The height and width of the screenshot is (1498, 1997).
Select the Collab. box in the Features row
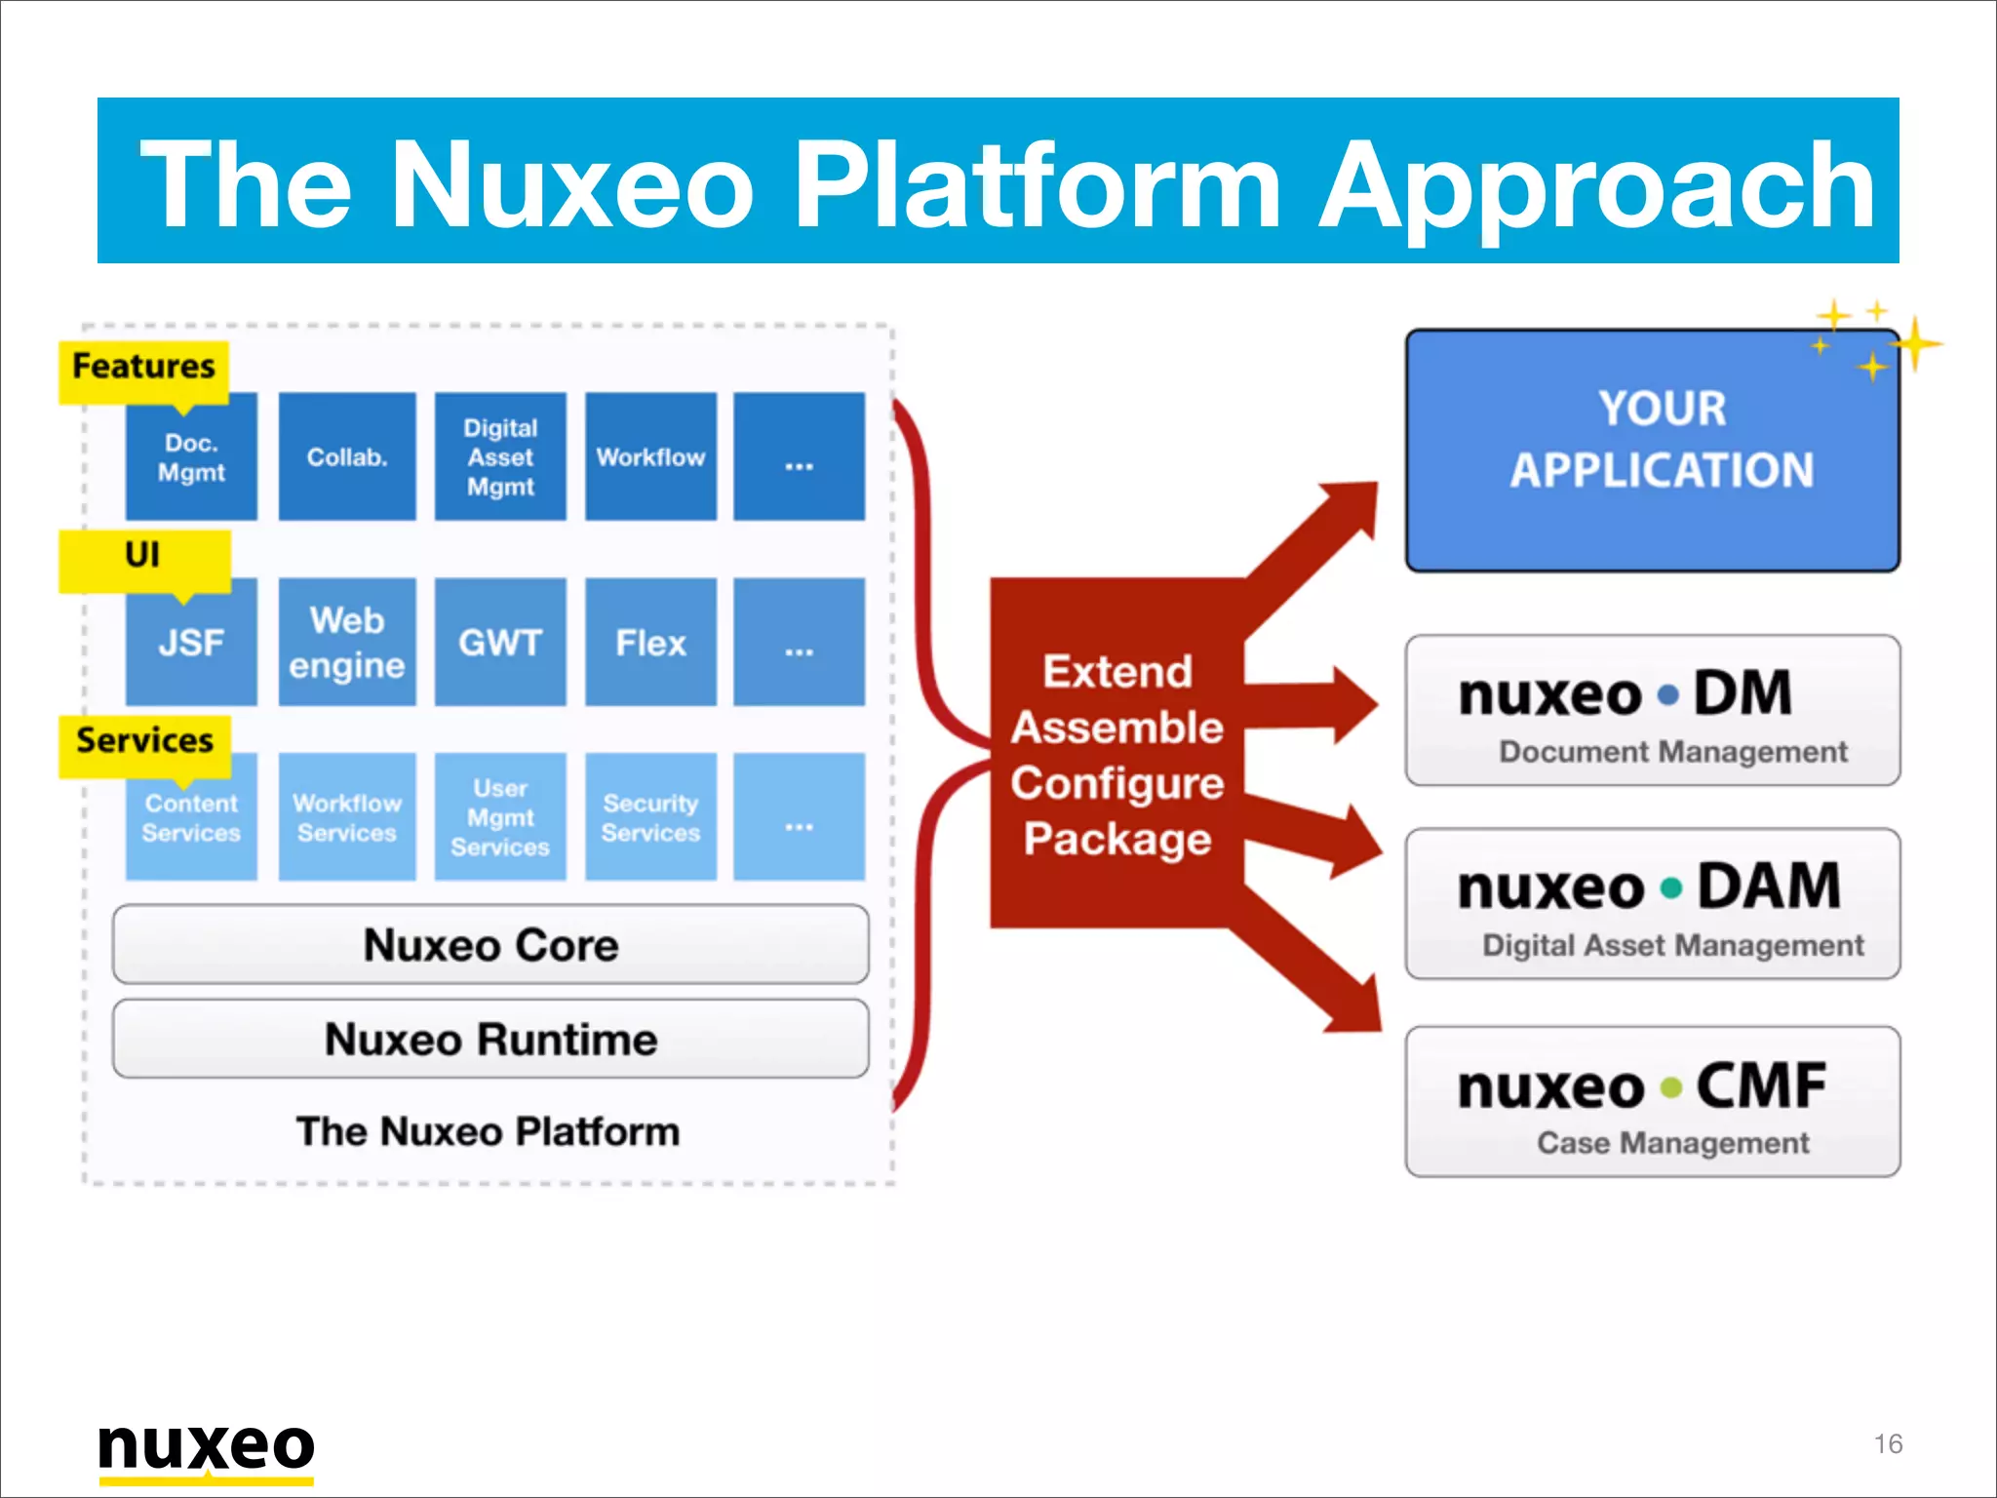pos(347,456)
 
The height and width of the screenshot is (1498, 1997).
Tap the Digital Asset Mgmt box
pos(500,456)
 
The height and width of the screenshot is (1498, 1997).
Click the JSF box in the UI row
pos(191,643)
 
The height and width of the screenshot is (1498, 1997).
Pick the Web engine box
pos(347,643)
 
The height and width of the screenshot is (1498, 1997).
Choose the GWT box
pos(500,643)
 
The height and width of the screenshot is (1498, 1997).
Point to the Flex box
pos(650,643)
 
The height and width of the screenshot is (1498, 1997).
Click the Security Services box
pos(650,817)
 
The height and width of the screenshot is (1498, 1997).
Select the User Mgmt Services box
pos(500,817)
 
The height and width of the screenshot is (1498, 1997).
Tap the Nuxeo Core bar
pos(490,944)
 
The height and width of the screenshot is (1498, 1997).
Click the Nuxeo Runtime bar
pos(490,1039)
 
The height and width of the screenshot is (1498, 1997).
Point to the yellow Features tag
pos(143,368)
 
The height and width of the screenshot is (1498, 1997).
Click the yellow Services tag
pos(144,742)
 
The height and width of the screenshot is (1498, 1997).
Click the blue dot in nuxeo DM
pos(1668,695)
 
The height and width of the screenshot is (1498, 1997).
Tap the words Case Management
pos(1672,1142)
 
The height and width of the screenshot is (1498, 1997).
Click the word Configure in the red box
pos(1117,783)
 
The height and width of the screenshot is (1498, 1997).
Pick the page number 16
pos(1888,1443)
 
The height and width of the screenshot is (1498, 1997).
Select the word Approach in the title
pos(1597,185)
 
